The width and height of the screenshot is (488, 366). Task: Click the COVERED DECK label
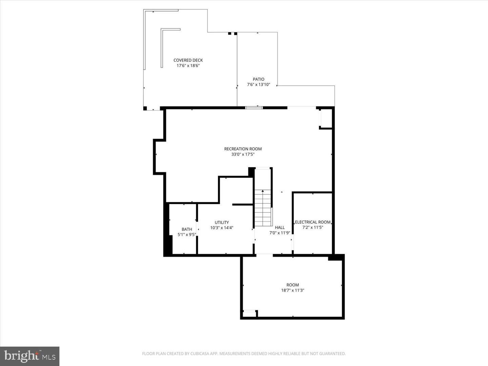(188, 60)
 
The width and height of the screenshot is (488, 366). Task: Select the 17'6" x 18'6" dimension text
(188, 66)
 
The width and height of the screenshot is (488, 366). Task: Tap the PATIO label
(259, 79)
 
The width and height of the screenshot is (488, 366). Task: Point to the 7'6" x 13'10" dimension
(259, 85)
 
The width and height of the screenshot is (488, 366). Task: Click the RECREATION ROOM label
(243, 149)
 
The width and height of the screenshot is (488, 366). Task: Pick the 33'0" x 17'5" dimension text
(243, 155)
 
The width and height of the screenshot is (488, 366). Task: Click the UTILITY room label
(222, 223)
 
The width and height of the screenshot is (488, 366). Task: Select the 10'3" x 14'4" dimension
(222, 228)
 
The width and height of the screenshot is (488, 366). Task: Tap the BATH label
(187, 229)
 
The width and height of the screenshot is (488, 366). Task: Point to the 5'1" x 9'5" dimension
(187, 235)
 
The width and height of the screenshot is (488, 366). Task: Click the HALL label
(280, 227)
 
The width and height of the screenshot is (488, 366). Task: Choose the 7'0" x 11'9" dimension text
(280, 233)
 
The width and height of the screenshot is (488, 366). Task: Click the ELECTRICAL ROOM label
(312, 222)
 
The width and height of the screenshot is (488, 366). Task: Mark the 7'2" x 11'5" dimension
(312, 227)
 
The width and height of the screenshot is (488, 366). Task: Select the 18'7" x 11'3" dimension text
(293, 290)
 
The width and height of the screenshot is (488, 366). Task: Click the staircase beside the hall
(263, 208)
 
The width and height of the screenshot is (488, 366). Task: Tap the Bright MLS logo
(30, 356)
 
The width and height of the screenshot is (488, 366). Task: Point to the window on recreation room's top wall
(254, 108)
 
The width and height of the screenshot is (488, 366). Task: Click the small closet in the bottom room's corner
(249, 314)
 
